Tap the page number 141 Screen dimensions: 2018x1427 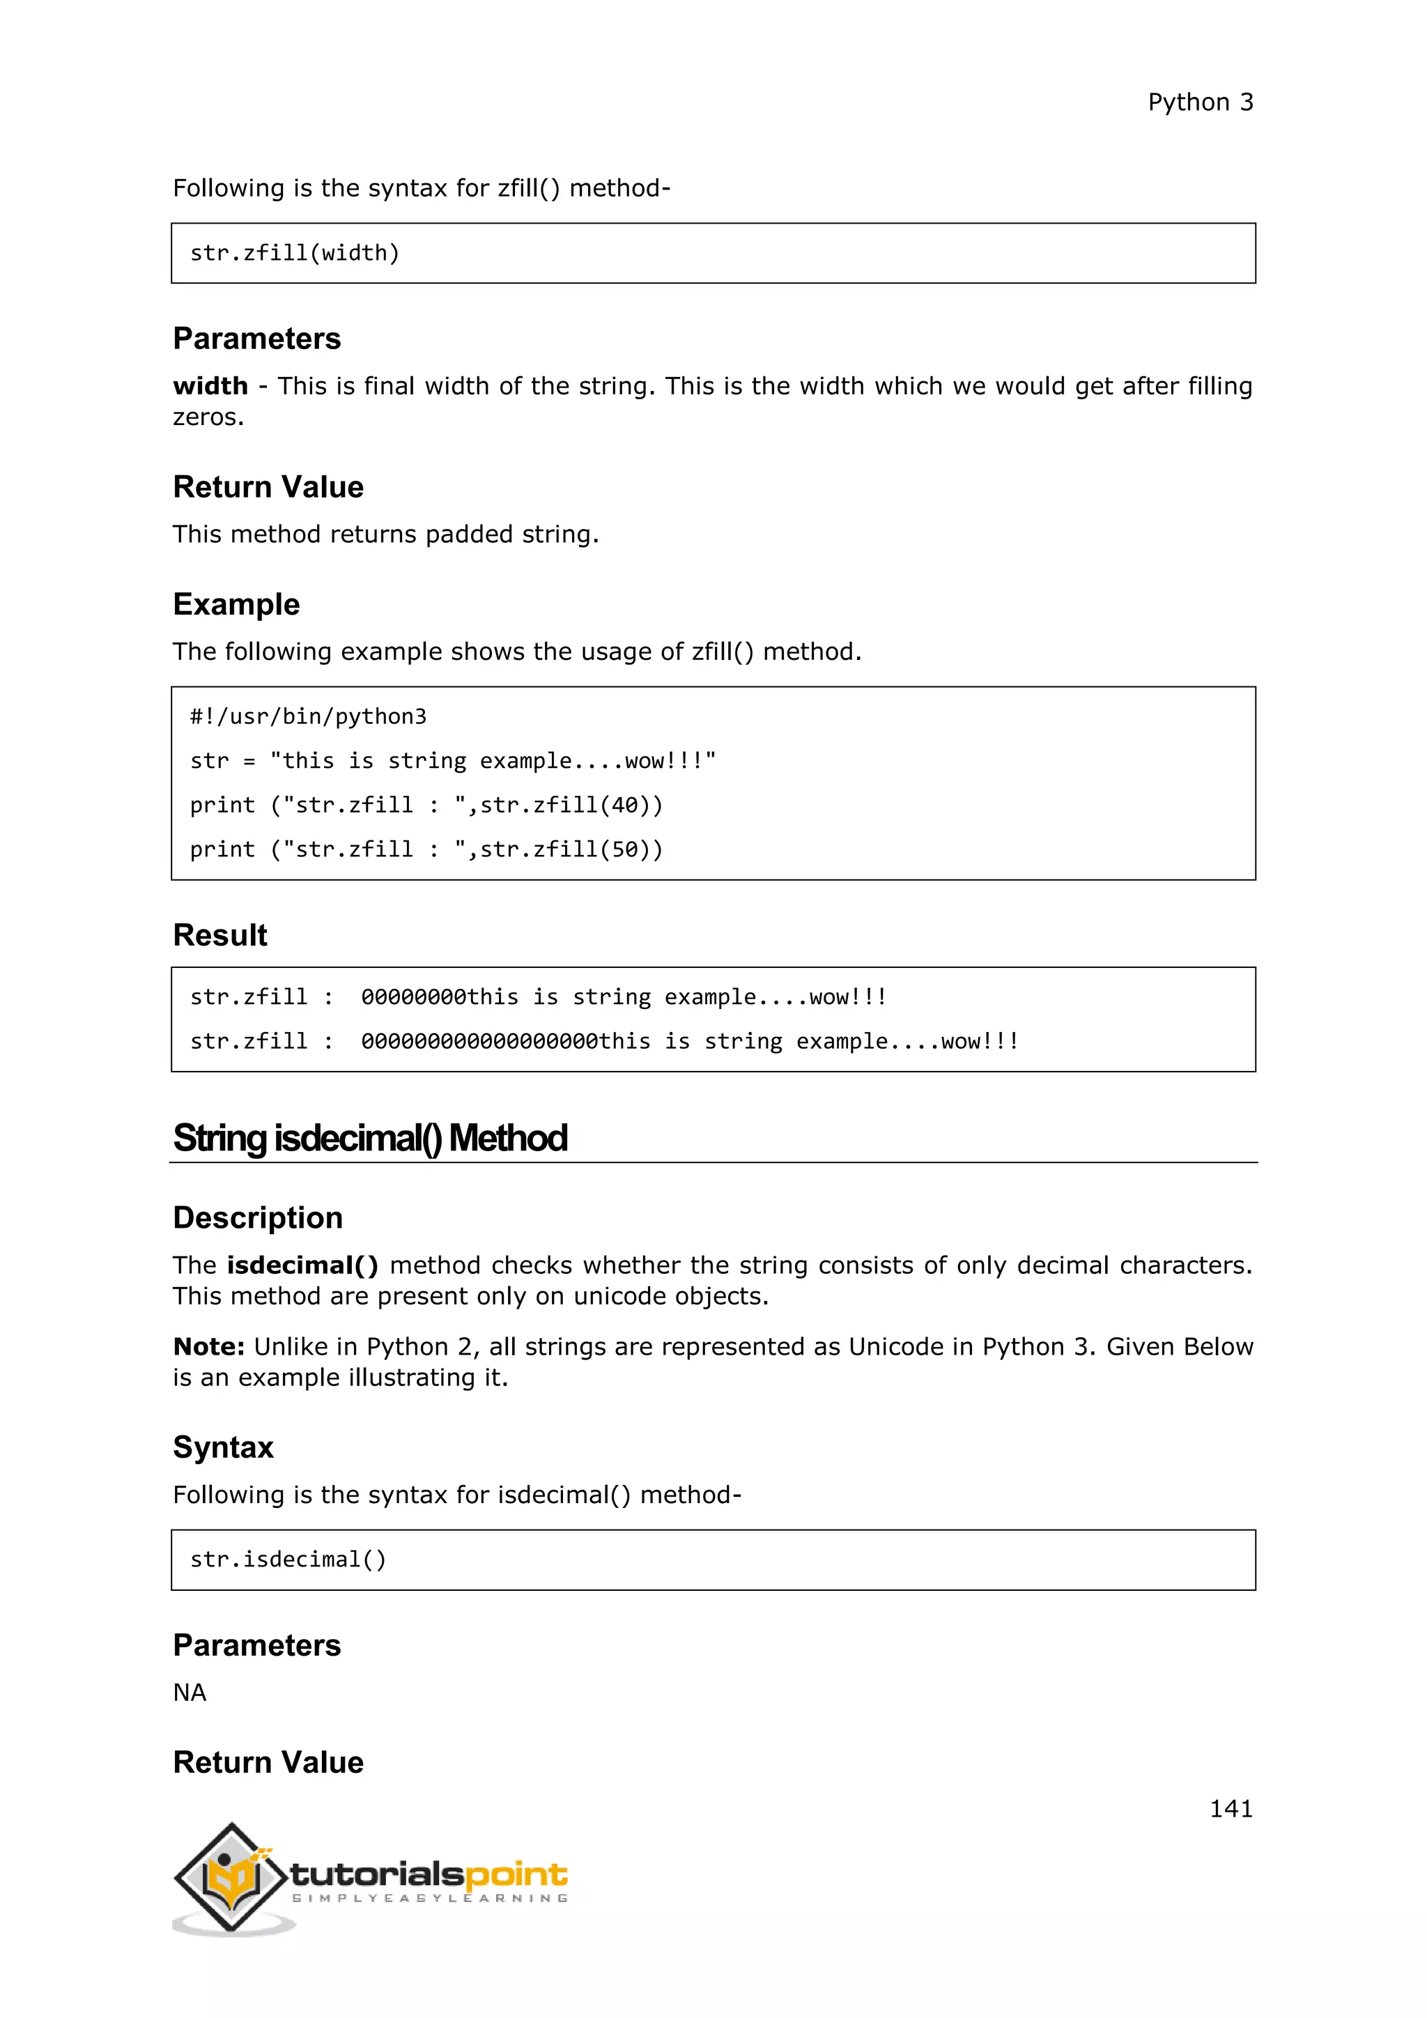click(1231, 1808)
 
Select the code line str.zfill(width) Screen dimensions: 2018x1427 click(294, 253)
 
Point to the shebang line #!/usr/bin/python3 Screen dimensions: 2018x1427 click(307, 716)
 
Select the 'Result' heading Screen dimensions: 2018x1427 click(219, 935)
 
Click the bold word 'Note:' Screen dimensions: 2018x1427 click(208, 1346)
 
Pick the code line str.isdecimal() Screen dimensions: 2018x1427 click(287, 1559)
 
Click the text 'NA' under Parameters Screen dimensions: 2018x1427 click(189, 1692)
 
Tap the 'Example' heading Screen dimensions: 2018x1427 click(236, 605)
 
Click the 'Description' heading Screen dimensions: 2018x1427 click(257, 1217)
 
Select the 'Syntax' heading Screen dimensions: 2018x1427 click(223, 1447)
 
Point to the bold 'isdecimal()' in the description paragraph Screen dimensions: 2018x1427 click(302, 1265)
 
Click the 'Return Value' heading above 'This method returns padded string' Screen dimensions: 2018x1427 click(268, 487)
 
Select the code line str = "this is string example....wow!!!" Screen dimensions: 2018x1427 click(452, 760)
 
